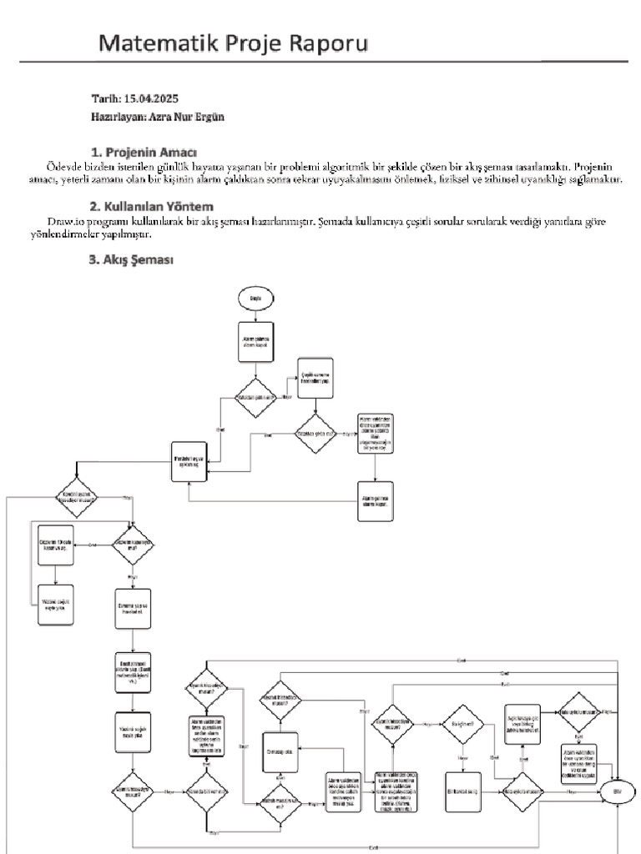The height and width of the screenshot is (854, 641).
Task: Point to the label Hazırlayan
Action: pyautogui.click(x=116, y=117)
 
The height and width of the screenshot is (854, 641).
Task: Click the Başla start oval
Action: pyautogui.click(x=255, y=298)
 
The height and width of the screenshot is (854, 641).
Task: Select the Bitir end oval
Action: pyautogui.click(x=618, y=790)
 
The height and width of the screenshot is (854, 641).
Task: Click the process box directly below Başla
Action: pyautogui.click(x=255, y=344)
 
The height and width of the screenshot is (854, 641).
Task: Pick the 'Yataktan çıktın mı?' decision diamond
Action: pyautogui.click(x=256, y=398)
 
